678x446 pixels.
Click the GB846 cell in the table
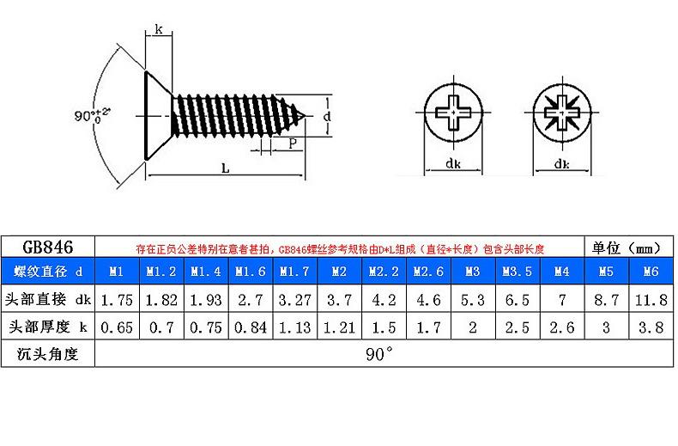47,247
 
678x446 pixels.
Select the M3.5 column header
518,272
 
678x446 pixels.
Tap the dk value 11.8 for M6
651,300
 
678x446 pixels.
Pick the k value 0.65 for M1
117,327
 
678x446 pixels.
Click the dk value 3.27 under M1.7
294,300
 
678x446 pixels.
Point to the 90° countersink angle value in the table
379,354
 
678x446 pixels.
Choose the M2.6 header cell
428,272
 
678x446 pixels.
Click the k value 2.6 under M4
561,327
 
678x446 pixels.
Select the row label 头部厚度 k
47,327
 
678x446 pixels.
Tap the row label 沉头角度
47,354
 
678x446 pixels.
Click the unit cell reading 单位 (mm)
628,247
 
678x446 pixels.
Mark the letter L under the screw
225,168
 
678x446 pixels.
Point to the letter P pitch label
293,144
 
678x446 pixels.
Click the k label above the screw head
159,29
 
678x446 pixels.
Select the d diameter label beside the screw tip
327,116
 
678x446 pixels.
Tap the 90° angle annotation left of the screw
92,115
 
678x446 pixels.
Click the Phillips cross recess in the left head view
453,113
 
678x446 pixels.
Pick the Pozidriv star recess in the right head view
561,113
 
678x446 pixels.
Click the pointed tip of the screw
306,116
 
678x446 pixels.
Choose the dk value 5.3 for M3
473,300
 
